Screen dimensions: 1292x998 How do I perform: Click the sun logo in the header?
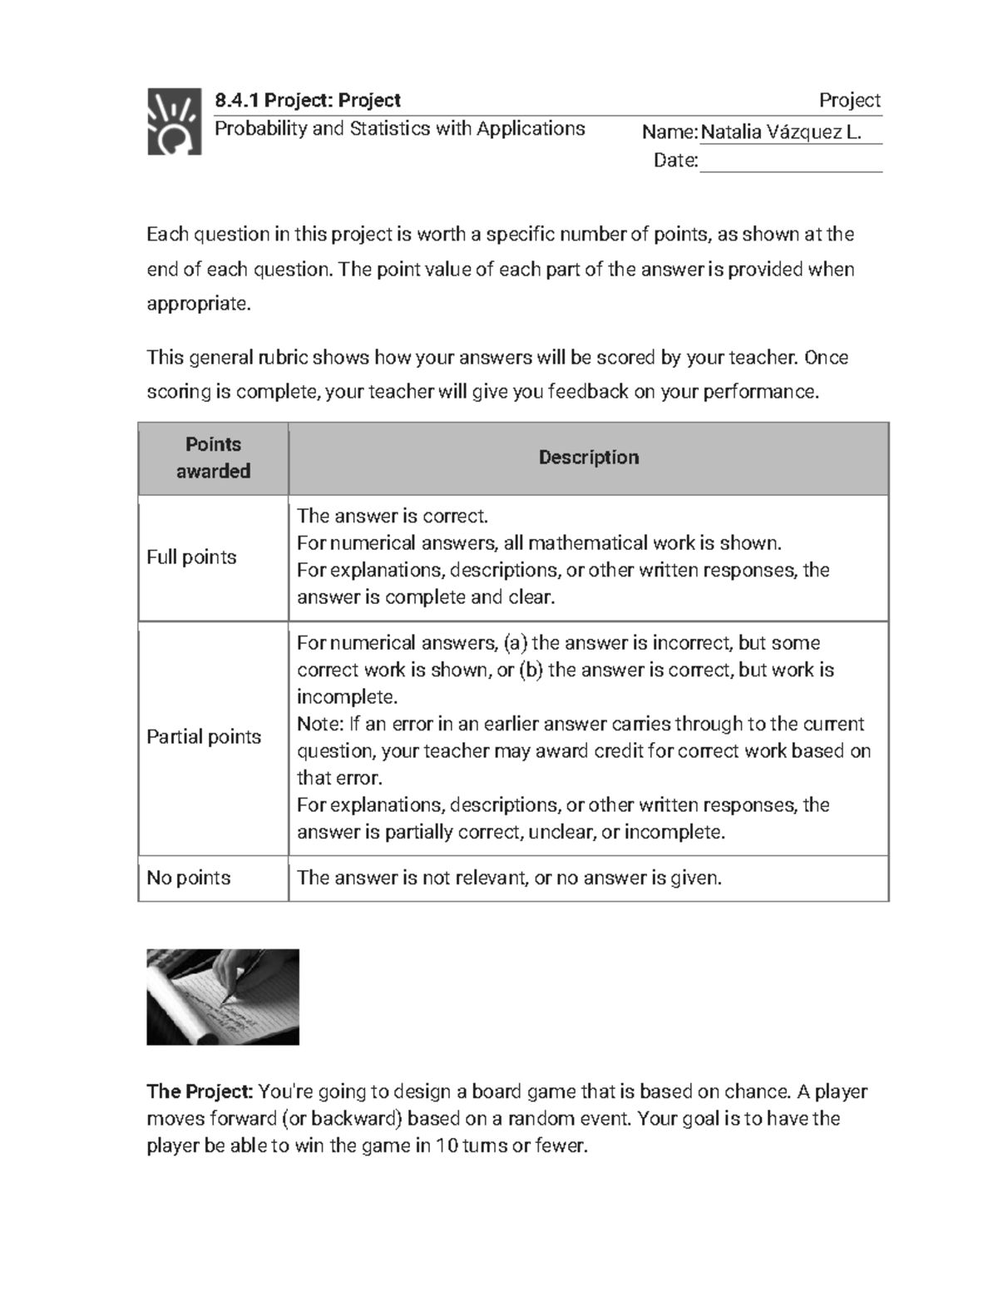click(174, 121)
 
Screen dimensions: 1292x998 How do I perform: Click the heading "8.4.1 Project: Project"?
click(308, 101)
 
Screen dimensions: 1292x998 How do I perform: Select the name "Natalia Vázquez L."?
click(781, 132)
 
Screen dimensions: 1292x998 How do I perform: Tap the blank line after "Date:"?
click(790, 161)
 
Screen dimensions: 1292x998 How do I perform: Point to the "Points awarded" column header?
click(213, 458)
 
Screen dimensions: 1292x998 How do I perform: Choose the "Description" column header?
click(589, 458)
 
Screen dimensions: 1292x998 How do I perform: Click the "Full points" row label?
click(191, 557)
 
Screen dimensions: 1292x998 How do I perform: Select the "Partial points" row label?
click(204, 737)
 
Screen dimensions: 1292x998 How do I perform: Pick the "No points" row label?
click(189, 878)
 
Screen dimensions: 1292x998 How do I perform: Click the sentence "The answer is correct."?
click(393, 517)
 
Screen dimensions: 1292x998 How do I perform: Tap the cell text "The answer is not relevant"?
click(412, 878)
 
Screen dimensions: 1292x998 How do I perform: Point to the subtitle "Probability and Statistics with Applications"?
click(400, 129)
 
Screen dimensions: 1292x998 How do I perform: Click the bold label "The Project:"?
click(200, 1092)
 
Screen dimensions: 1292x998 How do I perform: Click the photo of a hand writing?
click(223, 997)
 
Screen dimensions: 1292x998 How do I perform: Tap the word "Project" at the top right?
click(849, 101)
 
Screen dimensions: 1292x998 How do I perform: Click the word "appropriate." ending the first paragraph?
click(198, 304)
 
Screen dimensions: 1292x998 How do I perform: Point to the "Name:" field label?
click(669, 132)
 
